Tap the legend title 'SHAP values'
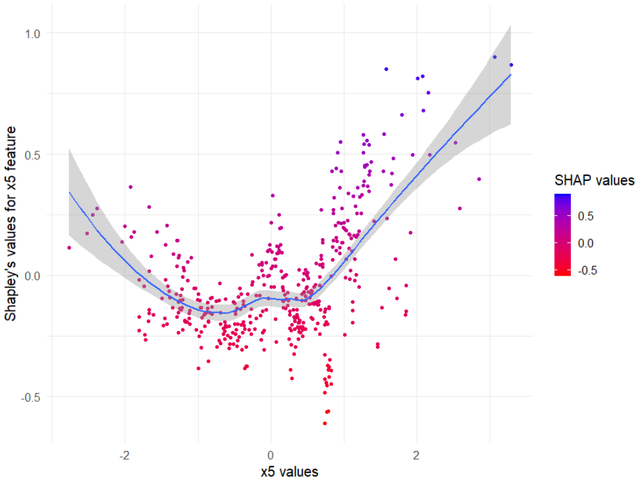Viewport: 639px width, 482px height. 594,181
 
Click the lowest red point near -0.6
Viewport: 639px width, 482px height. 325,423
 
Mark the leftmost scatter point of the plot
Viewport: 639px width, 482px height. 69,247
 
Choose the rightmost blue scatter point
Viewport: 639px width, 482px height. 511,65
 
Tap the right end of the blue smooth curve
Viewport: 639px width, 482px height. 511,75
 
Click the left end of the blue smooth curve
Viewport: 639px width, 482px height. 69,192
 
